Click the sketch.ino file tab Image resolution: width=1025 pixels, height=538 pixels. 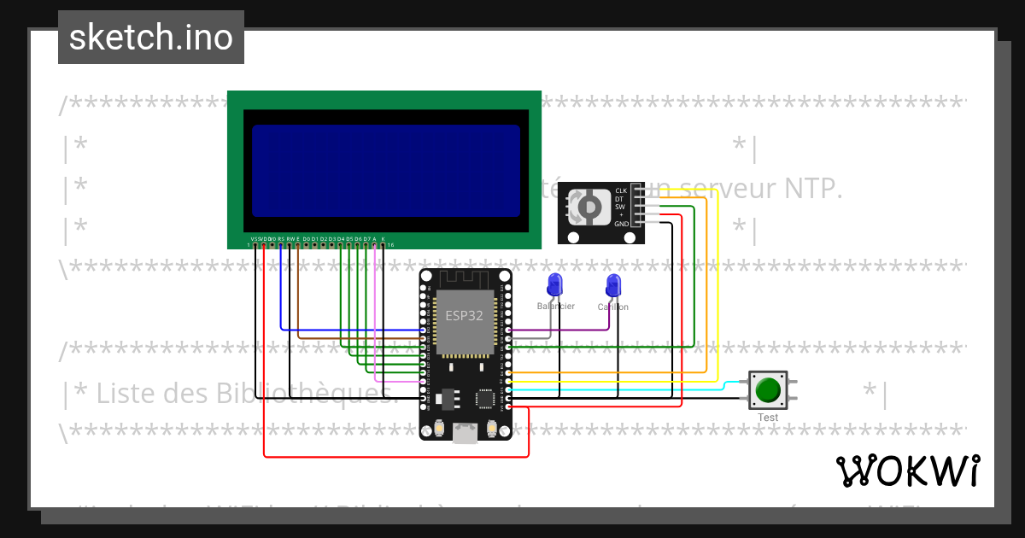pyautogui.click(x=150, y=38)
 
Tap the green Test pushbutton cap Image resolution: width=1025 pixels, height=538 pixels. pyautogui.click(x=768, y=390)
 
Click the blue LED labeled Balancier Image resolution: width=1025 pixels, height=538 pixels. pyautogui.click(x=555, y=284)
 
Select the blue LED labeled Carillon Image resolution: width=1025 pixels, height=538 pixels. pyautogui.click(x=612, y=284)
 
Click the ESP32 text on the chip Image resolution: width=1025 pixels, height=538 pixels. pyautogui.click(x=464, y=315)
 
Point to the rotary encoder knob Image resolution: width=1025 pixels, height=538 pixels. pyautogui.click(x=588, y=206)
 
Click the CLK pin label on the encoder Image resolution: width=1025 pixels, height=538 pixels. pyautogui.click(x=621, y=190)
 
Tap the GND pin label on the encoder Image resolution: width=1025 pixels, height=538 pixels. pyautogui.click(x=621, y=224)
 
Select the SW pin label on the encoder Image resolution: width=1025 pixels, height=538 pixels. pyautogui.click(x=621, y=207)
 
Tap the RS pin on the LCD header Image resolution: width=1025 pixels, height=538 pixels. pyautogui.click(x=281, y=245)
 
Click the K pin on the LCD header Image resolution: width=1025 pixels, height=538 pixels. pyautogui.click(x=383, y=245)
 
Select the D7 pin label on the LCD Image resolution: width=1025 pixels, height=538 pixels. pyautogui.click(x=366, y=239)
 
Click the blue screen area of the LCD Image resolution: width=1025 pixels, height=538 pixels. pyautogui.click(x=385, y=171)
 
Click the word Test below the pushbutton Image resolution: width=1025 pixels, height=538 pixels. pyautogui.click(x=768, y=418)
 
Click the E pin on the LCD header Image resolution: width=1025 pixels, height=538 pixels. pyautogui.click(x=298, y=245)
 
